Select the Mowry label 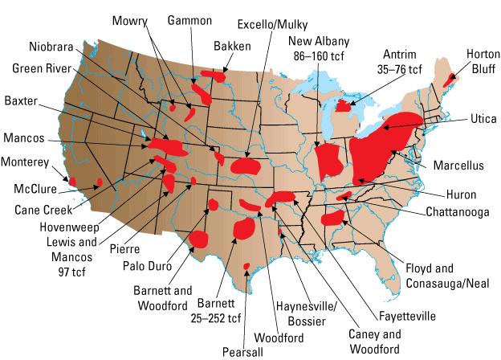click(129, 18)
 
